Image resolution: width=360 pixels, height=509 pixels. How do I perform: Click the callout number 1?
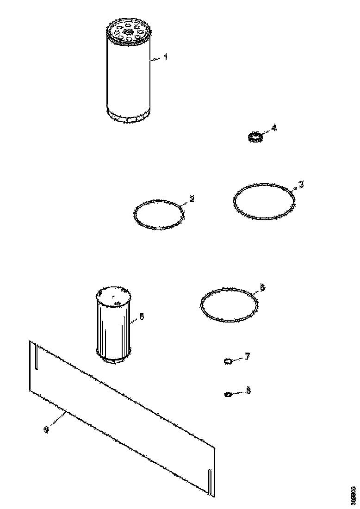pyautogui.click(x=166, y=57)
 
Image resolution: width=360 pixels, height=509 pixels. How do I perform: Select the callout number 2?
pyautogui.click(x=192, y=199)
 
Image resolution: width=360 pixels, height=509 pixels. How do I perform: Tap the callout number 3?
pyautogui.click(x=301, y=184)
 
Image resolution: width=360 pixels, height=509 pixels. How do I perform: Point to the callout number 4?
pyautogui.click(x=274, y=128)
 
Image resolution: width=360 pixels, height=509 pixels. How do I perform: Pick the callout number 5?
pyautogui.click(x=142, y=317)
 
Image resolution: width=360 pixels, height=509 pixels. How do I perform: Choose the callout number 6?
pyautogui.click(x=262, y=288)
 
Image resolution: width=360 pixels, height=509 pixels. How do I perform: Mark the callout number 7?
pyautogui.click(x=248, y=357)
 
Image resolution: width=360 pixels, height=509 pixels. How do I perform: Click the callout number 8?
pyautogui.click(x=248, y=391)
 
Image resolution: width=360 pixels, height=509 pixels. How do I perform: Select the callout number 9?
pyautogui.click(x=46, y=430)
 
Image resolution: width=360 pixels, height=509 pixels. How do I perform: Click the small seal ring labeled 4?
pyautogui.click(x=254, y=137)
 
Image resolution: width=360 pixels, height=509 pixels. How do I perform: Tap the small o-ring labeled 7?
pyautogui.click(x=228, y=361)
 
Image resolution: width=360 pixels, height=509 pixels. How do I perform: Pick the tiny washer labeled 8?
pyautogui.click(x=227, y=394)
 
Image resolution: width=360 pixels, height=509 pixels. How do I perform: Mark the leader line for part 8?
pyautogui.click(x=238, y=393)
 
